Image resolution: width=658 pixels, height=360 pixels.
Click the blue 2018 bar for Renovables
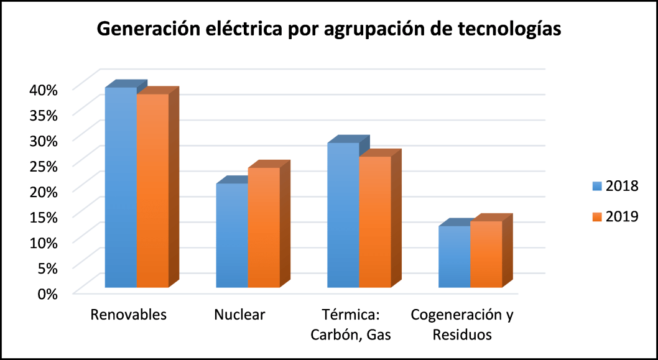click(121, 187)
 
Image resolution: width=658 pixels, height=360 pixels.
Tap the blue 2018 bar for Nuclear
click(232, 236)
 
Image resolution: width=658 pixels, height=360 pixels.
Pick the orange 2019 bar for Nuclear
click(264, 228)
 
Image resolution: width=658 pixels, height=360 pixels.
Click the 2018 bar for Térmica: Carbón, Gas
click(343, 215)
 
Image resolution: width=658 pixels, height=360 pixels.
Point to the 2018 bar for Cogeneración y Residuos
click(454, 257)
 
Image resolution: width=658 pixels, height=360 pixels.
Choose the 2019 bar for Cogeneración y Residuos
click(486, 254)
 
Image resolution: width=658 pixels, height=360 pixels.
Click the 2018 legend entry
click(616, 186)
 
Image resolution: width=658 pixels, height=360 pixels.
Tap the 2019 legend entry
click(616, 216)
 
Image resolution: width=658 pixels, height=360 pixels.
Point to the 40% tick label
click(42, 89)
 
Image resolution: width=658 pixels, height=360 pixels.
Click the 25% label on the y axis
click(42, 165)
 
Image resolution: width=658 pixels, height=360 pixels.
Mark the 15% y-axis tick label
click(42, 216)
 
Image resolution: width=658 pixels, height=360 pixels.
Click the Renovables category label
click(129, 315)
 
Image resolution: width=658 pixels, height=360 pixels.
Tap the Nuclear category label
click(239, 315)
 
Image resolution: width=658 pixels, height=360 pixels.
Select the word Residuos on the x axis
click(462, 335)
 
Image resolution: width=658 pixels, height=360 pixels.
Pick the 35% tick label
click(42, 114)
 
